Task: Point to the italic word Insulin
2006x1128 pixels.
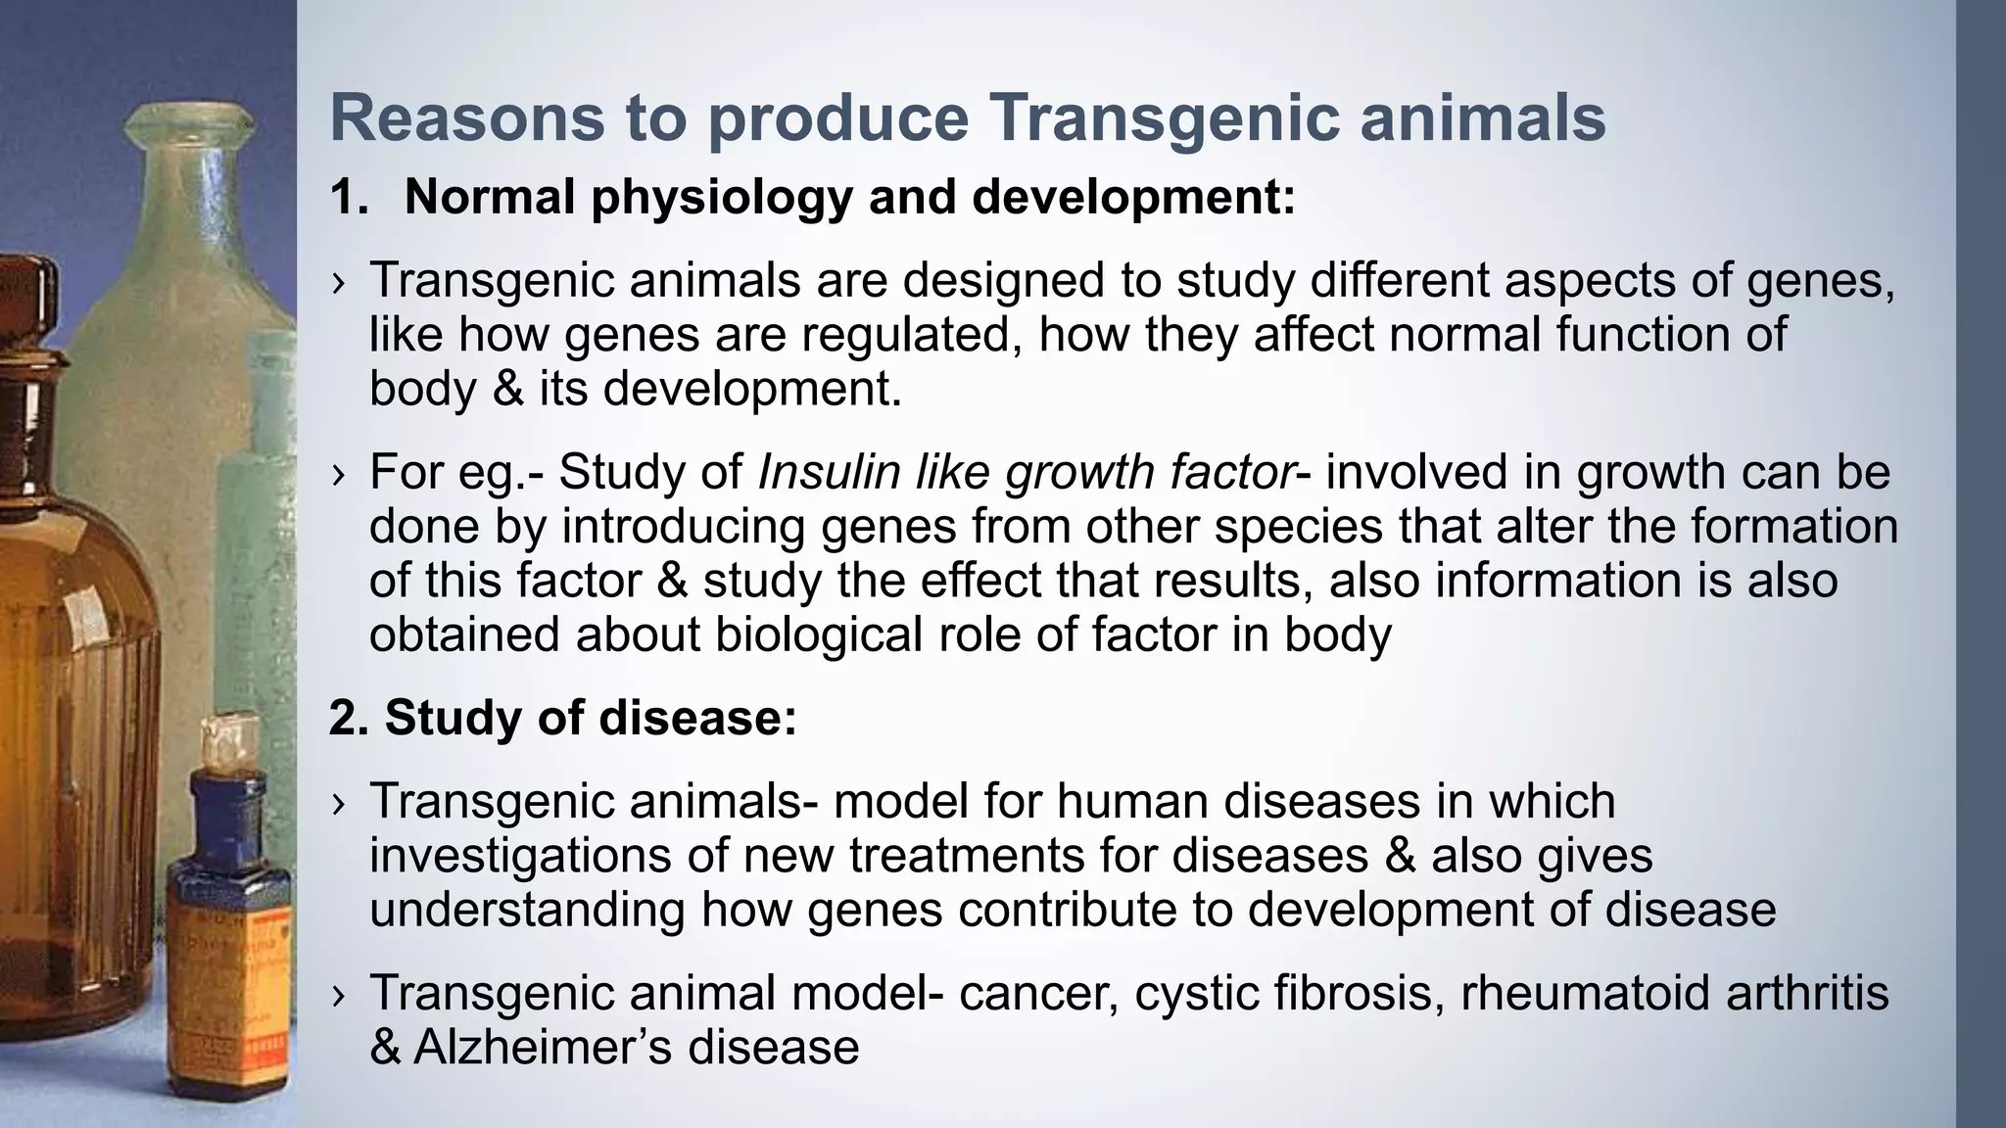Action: (829, 472)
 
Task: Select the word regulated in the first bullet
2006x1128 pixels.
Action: (913, 335)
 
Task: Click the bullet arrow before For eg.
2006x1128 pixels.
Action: (339, 475)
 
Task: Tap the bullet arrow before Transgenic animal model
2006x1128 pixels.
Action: (339, 996)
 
